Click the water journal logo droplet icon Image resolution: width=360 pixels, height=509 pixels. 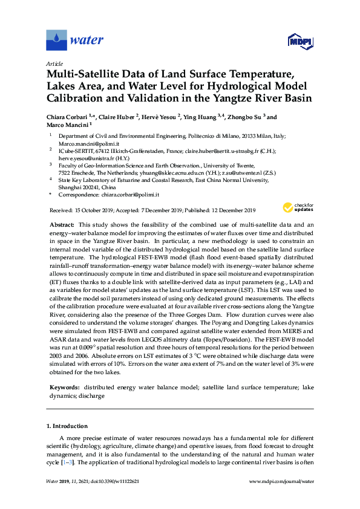[x=56, y=40]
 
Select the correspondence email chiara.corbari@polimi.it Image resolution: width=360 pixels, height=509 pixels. [x=130, y=195]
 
